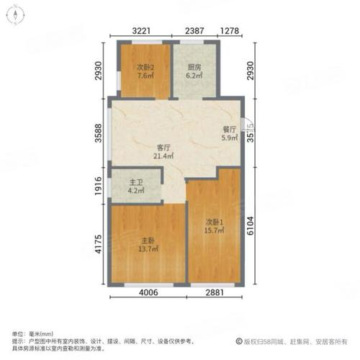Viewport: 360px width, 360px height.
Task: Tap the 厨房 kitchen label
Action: click(x=192, y=67)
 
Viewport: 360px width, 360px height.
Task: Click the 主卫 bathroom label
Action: click(x=135, y=183)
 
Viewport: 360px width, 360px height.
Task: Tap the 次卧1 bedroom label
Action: click(x=213, y=222)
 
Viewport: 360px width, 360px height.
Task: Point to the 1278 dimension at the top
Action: click(x=230, y=31)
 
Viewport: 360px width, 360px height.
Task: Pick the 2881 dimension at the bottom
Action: click(x=213, y=294)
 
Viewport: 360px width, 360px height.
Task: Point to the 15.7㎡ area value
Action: click(x=213, y=230)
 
